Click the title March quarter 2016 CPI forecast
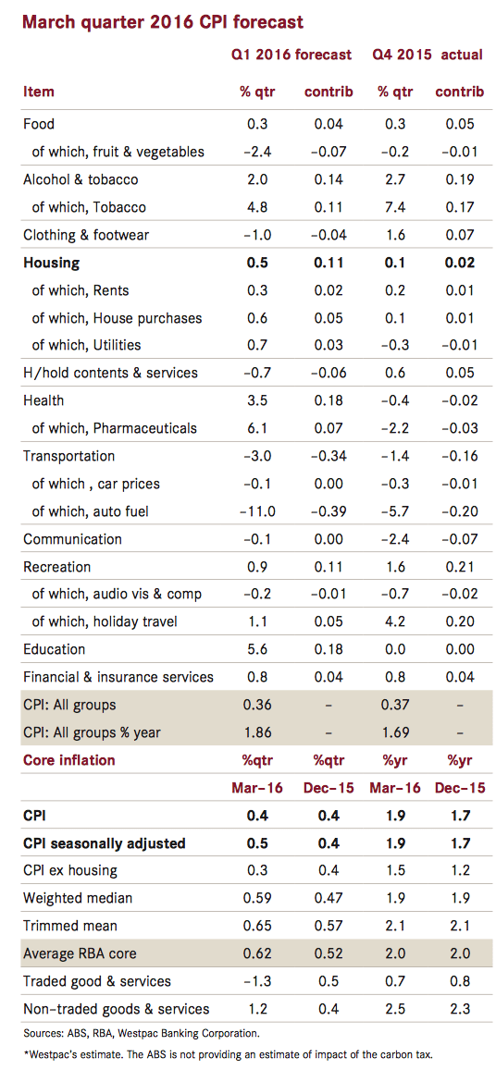point(162,21)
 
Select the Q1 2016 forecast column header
point(291,55)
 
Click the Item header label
point(39,92)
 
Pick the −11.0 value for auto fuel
point(256,510)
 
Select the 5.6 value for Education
point(256,648)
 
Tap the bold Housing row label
point(51,263)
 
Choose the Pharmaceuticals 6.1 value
point(256,428)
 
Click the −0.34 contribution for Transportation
point(329,455)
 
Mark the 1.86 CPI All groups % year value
point(256,732)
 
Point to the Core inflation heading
point(69,760)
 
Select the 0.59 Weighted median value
point(256,898)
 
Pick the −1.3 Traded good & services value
point(256,980)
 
